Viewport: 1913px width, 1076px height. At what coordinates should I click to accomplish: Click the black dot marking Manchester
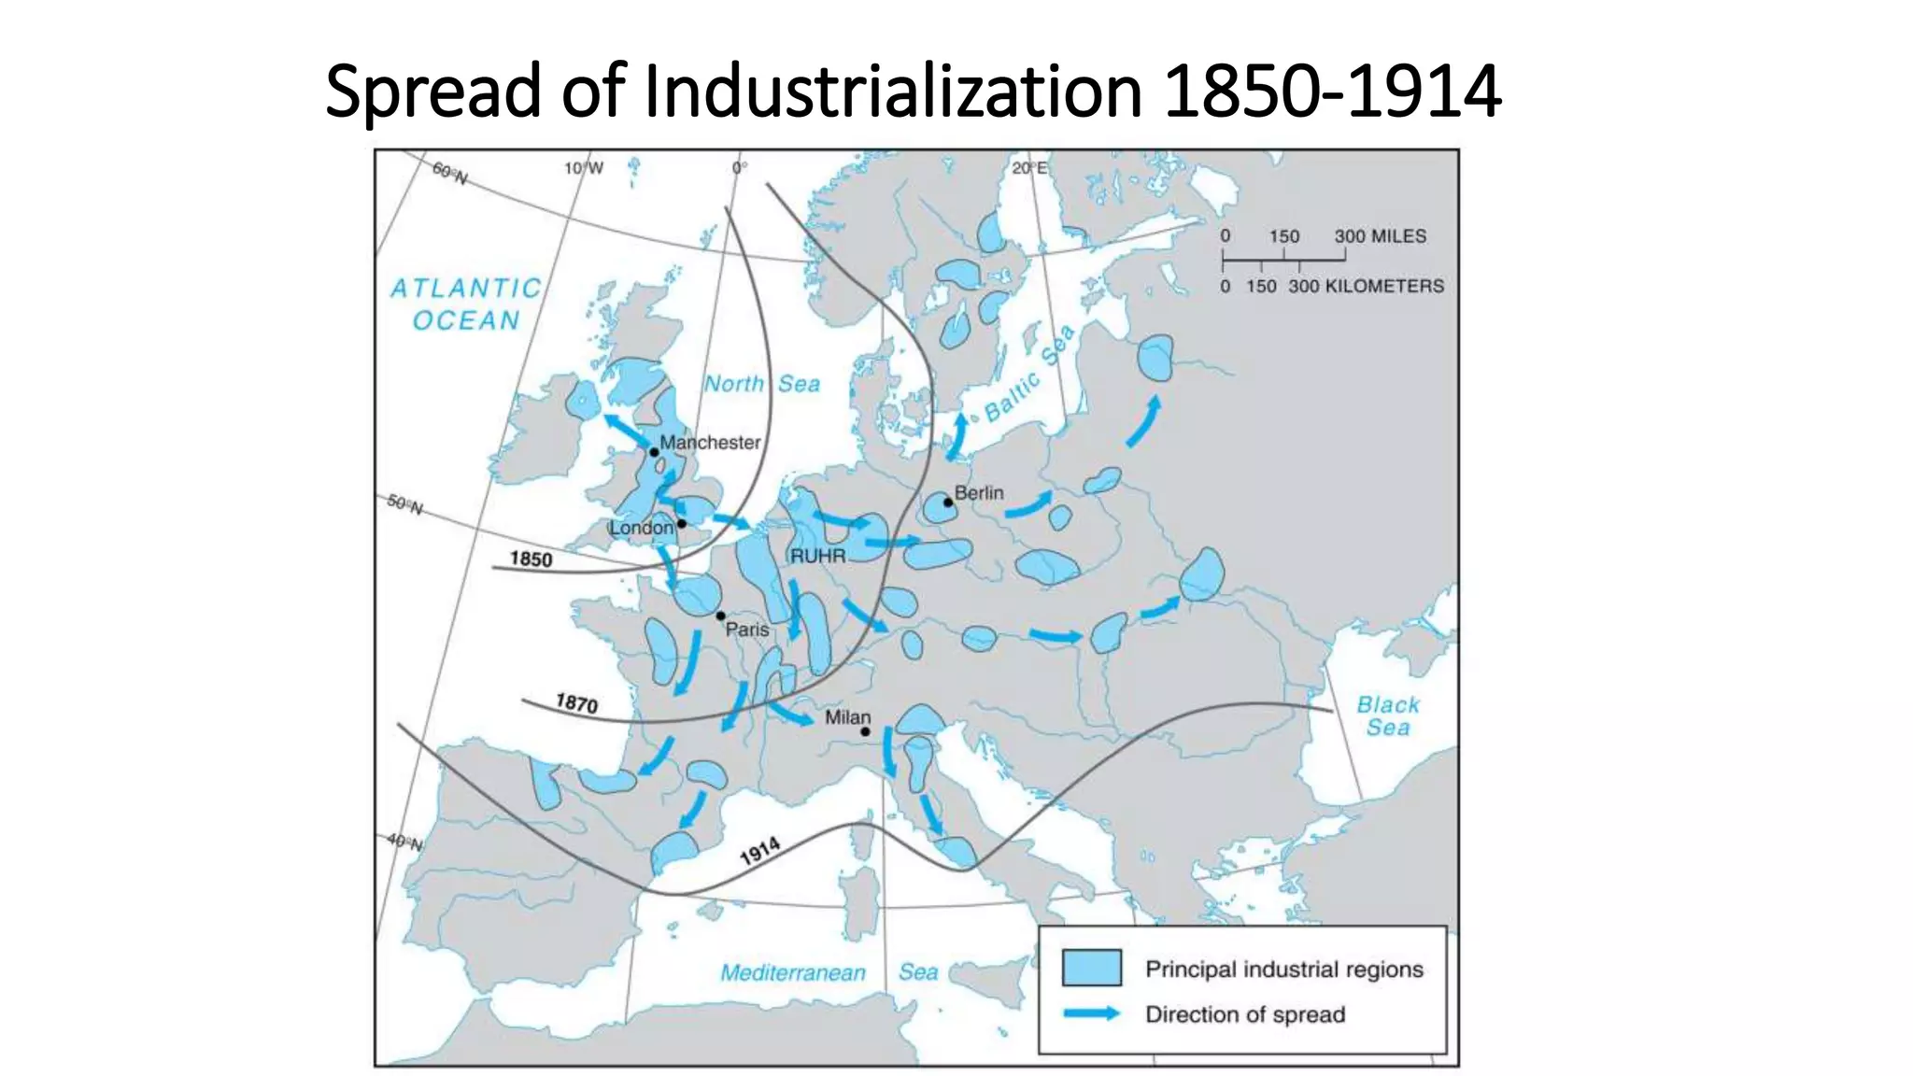coord(654,452)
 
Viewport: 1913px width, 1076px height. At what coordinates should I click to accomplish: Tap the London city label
coord(641,528)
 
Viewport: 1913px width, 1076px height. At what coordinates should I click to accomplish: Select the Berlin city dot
coord(948,503)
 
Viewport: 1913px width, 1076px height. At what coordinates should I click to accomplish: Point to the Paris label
coord(747,630)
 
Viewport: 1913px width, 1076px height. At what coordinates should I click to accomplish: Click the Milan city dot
coord(865,731)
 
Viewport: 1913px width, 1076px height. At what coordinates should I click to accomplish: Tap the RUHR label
coord(817,556)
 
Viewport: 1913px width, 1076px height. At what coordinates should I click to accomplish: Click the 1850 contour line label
coord(531,559)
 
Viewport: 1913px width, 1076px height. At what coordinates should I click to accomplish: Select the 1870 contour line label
coord(576,702)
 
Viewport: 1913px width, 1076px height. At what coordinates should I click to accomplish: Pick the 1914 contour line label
coord(759,851)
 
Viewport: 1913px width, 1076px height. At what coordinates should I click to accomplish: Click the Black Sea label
coord(1388,715)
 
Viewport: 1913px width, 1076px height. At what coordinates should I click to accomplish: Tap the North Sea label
coord(761,384)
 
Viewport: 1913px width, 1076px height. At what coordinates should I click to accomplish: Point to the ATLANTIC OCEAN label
coord(466,304)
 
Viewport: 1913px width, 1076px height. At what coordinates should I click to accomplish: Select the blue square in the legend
coord(1091,968)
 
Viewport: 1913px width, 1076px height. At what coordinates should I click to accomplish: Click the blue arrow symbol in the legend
coord(1091,1013)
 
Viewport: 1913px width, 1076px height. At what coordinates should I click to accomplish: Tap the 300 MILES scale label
coord(1380,236)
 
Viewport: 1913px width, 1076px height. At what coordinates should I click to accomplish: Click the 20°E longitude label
coord(1029,168)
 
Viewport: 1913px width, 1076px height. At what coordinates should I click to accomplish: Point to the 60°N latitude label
coord(449,173)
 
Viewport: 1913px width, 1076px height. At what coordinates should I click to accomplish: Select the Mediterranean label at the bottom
coord(792,972)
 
